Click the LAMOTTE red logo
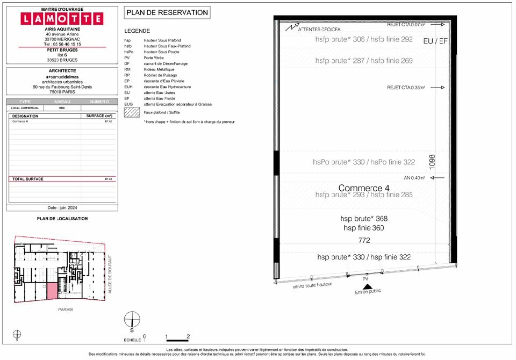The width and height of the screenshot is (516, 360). coord(62,19)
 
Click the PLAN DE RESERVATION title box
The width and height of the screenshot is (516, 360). coord(167,12)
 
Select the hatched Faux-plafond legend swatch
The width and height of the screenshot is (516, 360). coord(132,113)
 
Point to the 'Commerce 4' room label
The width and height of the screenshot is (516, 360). coord(364,188)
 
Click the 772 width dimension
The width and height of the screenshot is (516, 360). coord(364,240)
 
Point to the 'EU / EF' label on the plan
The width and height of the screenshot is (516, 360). coord(435,41)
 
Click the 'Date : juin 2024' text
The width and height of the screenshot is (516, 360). coord(62,207)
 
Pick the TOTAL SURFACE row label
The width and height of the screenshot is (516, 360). coord(28,179)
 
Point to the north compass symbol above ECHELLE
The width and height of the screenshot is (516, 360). coord(132,320)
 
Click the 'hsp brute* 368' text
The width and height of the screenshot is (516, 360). coord(364,219)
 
